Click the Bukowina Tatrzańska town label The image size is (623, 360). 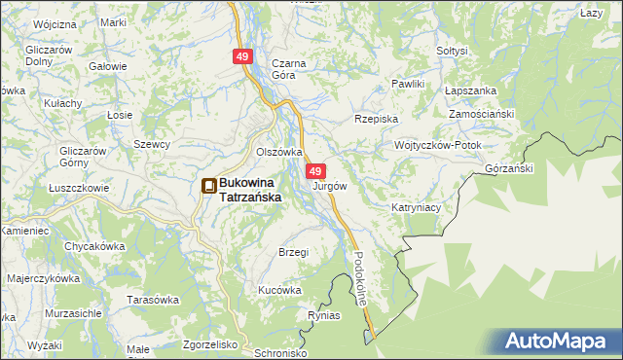250,189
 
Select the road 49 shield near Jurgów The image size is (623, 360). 315,171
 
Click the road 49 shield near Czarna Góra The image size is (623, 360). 243,57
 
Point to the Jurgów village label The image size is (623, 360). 330,185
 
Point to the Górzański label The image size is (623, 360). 508,168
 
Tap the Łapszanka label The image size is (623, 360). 470,90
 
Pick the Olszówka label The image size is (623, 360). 278,153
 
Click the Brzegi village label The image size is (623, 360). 293,252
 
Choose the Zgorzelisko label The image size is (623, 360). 210,344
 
